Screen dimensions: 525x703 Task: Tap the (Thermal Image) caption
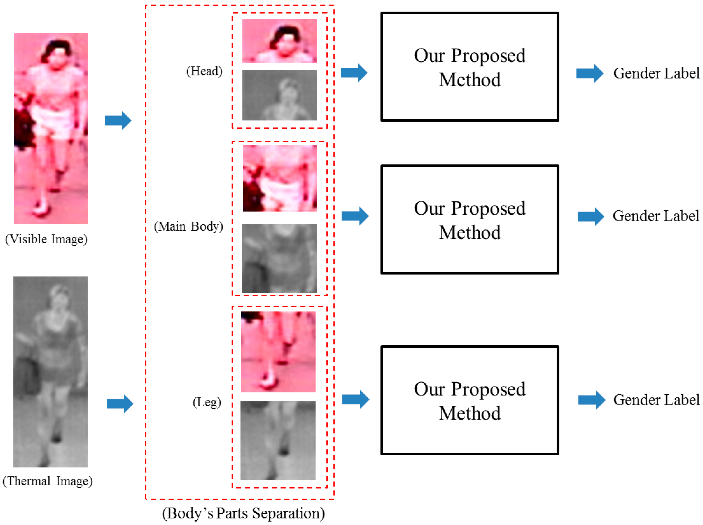[48, 481]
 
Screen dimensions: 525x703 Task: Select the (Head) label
[204, 71]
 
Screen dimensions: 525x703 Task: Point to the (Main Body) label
[189, 226]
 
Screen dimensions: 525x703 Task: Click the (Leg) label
[207, 402]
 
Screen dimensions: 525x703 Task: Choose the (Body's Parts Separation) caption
[243, 513]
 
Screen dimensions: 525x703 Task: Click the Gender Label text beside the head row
[656, 73]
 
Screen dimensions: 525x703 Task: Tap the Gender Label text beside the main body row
[656, 216]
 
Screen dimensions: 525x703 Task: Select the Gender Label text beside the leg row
[656, 400]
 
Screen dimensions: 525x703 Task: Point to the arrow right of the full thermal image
[120, 404]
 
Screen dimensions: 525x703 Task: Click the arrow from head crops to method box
[354, 73]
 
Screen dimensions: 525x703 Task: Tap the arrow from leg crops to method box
[356, 399]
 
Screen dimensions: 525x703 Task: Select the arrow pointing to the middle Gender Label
[591, 216]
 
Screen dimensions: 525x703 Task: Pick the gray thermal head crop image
[279, 95]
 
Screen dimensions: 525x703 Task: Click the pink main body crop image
[280, 178]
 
